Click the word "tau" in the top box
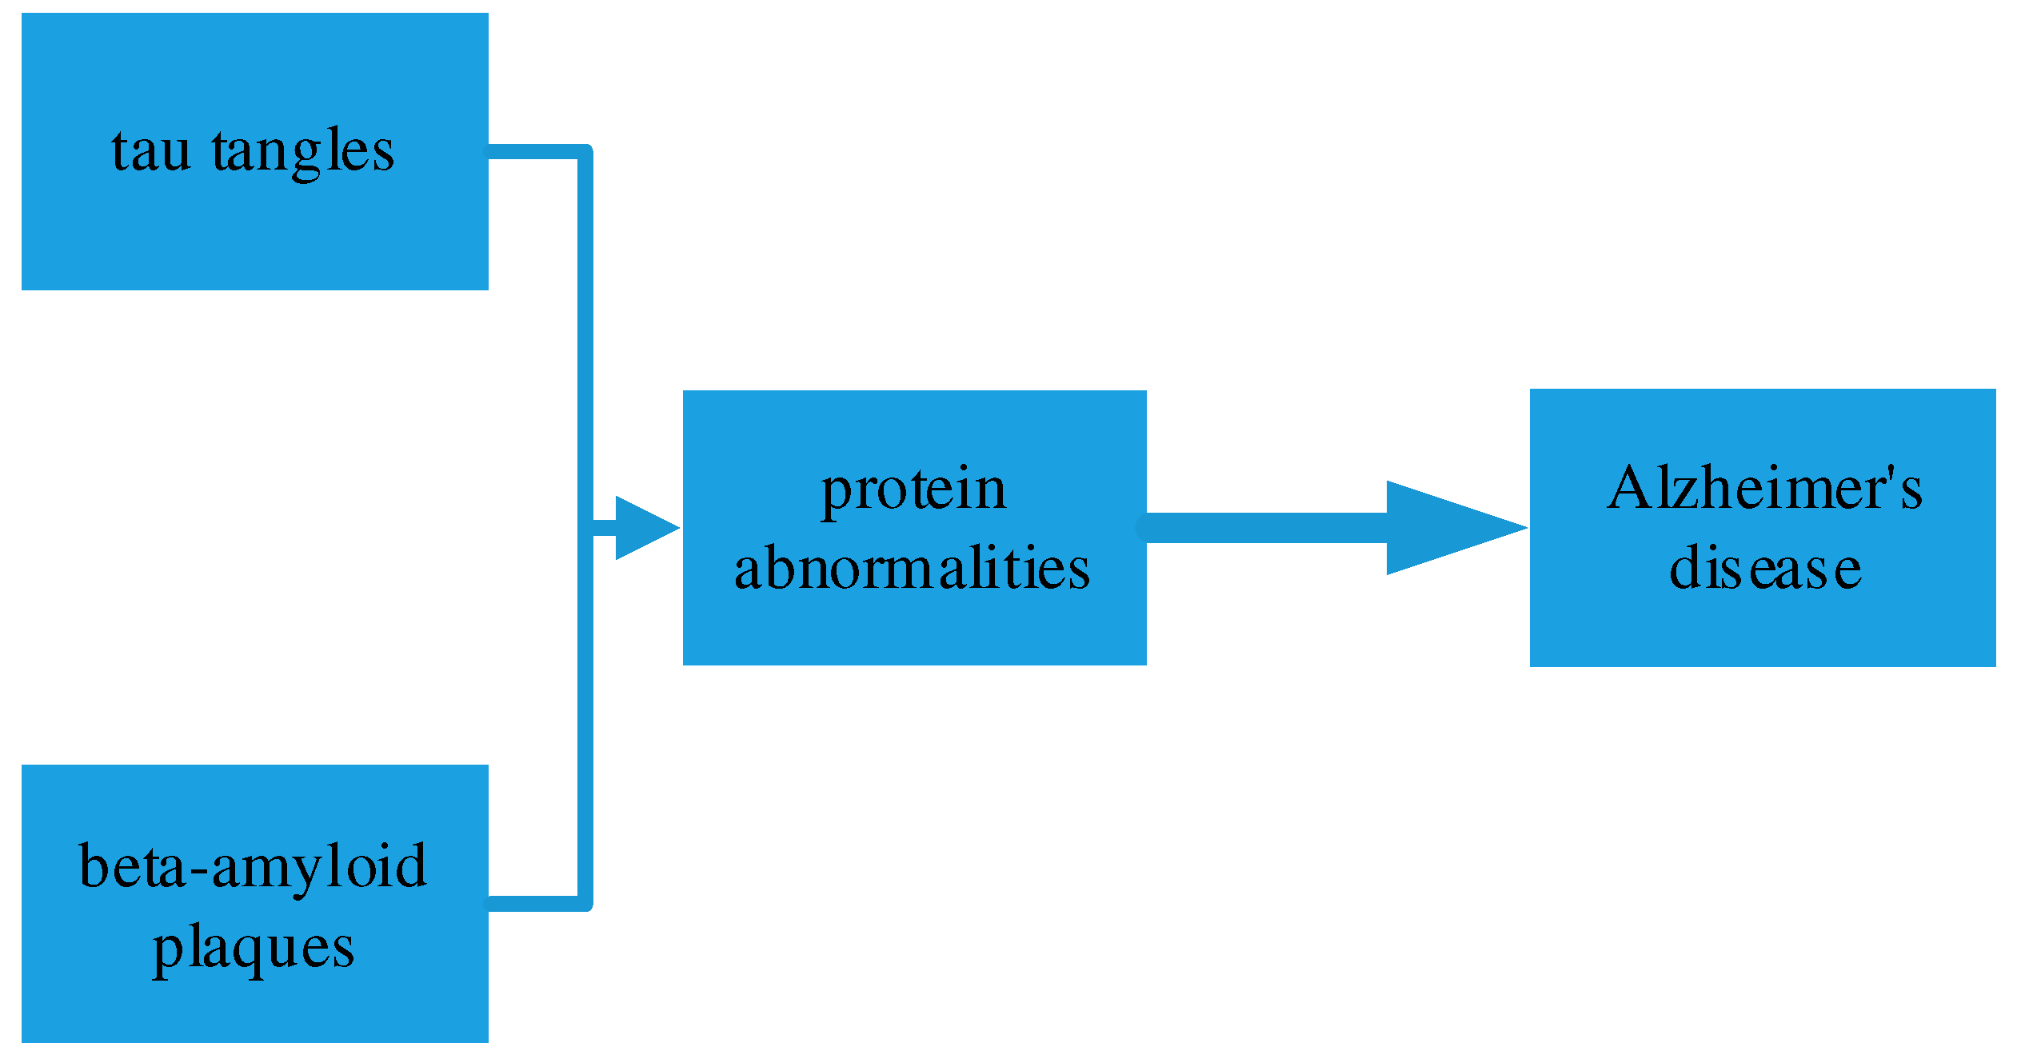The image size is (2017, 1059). coord(151,150)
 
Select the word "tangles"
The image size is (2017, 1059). coord(303,152)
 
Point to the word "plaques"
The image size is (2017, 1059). coord(253,949)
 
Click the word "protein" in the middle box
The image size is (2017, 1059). coord(913,490)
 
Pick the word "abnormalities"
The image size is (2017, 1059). coord(912,569)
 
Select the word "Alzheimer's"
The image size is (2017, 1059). coord(1764,488)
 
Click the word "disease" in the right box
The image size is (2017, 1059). coord(1765,569)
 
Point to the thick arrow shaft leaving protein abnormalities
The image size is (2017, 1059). coord(1264,528)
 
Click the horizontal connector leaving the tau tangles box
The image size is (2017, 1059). coord(532,151)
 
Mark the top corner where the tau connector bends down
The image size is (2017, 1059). coord(585,151)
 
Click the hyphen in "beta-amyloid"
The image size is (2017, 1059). coord(198,870)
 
